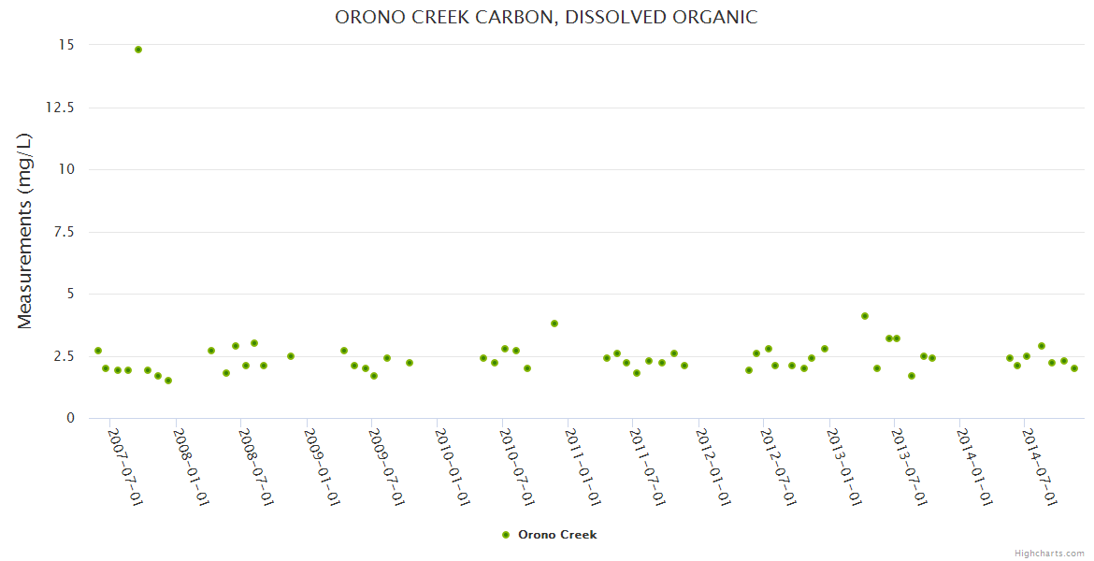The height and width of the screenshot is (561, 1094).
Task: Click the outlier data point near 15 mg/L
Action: coord(138,50)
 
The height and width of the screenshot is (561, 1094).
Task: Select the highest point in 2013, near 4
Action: coord(865,316)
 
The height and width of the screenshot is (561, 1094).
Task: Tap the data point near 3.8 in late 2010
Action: coord(554,324)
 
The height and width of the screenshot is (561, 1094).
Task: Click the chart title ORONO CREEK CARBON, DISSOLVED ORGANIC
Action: coord(546,18)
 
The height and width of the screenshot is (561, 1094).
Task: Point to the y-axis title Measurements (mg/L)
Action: coord(25,231)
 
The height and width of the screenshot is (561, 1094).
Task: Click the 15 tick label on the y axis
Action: coord(66,45)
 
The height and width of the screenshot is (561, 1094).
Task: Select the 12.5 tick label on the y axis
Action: coord(60,108)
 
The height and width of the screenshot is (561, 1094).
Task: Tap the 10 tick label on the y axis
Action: coord(66,169)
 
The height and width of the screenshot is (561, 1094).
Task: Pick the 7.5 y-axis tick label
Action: coord(63,232)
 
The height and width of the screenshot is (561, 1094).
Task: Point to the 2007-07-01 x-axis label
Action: coord(125,467)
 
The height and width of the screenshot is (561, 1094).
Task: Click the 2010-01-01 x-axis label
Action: coord(452,467)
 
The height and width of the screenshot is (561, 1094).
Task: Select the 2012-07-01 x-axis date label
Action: coord(778,467)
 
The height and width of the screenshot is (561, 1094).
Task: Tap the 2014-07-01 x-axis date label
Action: coord(1039,467)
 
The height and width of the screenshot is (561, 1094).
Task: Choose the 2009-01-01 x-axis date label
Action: coord(321,467)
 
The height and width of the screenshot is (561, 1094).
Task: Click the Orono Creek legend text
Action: coord(557,535)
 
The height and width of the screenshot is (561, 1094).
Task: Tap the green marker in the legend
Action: coord(506,535)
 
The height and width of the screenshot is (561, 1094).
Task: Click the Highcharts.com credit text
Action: coord(1049,553)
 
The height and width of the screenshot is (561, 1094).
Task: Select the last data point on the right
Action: coord(1074,368)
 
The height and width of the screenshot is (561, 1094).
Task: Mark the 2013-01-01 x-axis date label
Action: coord(843,467)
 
